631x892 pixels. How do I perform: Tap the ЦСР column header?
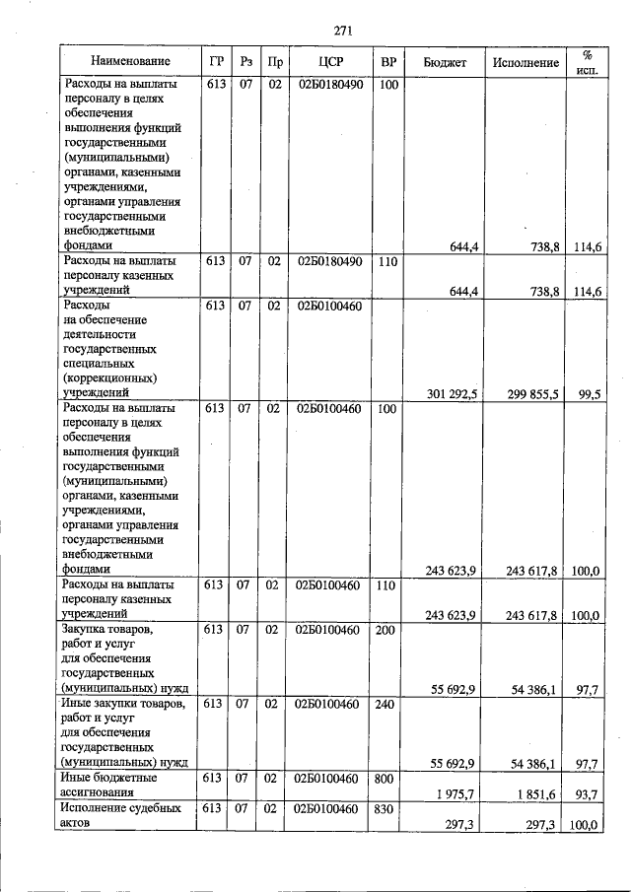coord(329,62)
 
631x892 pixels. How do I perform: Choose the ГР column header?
coord(216,62)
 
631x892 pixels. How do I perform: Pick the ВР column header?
coord(388,62)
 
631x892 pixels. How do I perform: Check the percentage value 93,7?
coord(590,793)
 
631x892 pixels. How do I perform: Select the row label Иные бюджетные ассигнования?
coord(110,785)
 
